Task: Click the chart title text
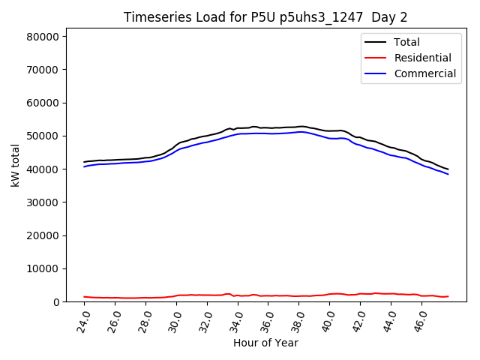(266, 17)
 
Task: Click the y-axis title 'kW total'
(16, 165)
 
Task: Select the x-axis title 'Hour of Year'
(265, 343)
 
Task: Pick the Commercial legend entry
(424, 73)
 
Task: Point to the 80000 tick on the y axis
(43, 37)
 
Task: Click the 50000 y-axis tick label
(43, 136)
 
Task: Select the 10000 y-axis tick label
(43, 268)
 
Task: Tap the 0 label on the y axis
(56, 301)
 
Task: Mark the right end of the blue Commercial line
(448, 174)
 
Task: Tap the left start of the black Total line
(84, 162)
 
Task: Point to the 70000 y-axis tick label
(43, 70)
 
